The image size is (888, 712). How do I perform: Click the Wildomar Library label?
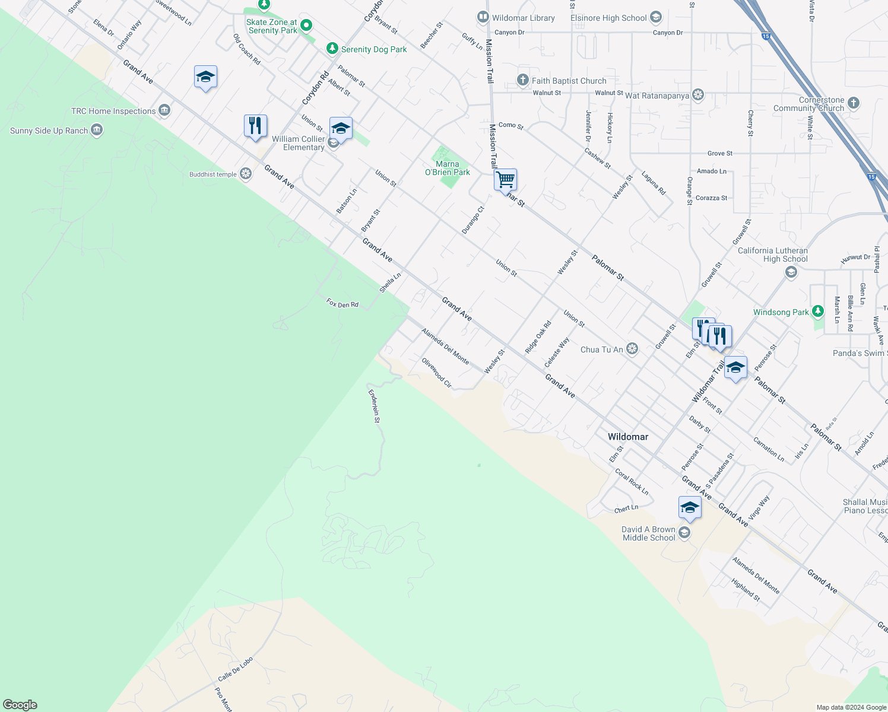[x=523, y=18]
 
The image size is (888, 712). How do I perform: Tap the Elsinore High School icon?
[x=656, y=17]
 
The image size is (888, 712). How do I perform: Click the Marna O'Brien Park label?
[x=448, y=168]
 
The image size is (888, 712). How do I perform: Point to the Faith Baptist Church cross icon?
[x=523, y=80]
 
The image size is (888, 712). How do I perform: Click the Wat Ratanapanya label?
[x=657, y=96]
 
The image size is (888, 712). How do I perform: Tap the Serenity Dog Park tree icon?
[x=332, y=49]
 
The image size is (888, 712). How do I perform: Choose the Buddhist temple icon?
[x=246, y=174]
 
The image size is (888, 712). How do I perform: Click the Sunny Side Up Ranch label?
[x=49, y=131]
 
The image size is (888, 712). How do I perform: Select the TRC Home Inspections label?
[x=113, y=111]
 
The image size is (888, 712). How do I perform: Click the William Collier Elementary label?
[x=299, y=143]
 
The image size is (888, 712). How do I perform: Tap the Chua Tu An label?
[x=601, y=349]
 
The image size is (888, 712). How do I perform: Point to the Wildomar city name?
[x=627, y=437]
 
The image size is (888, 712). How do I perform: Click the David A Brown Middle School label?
[x=648, y=533]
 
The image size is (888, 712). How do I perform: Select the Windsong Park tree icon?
[x=818, y=311]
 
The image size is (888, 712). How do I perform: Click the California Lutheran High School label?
[x=772, y=255]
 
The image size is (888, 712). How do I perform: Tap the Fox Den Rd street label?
[x=342, y=304]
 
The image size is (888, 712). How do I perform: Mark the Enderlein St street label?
[x=374, y=406]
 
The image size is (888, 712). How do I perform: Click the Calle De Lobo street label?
[x=235, y=669]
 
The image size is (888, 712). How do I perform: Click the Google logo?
[x=20, y=704]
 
